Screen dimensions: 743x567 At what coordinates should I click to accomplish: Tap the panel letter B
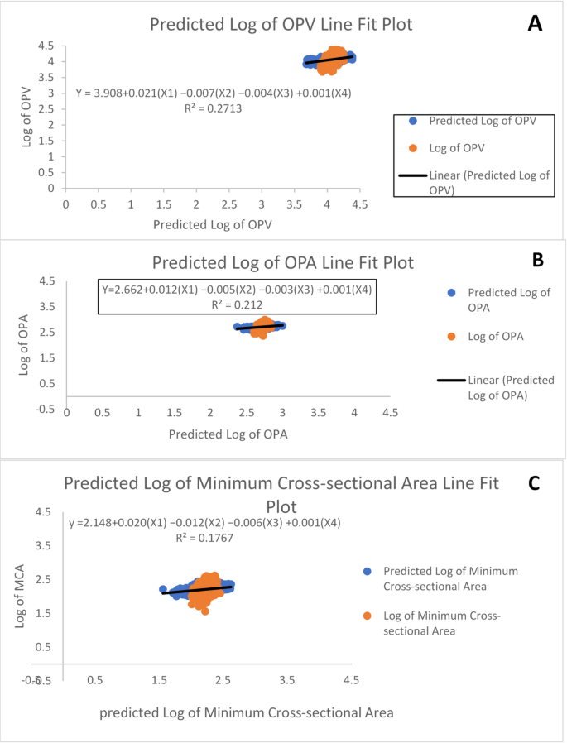tap(536, 259)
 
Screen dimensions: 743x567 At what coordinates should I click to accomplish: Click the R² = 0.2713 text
tap(213, 108)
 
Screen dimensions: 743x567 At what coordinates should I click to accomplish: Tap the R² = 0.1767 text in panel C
tap(204, 538)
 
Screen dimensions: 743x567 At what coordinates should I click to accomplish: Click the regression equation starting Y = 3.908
tap(213, 93)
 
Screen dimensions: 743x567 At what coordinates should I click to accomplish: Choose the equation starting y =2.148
tap(204, 523)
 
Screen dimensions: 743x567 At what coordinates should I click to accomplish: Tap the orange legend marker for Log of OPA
tap(452, 337)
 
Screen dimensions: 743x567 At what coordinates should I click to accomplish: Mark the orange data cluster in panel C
tap(202, 589)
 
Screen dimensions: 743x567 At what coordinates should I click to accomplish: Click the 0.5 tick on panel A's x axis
tap(99, 204)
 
